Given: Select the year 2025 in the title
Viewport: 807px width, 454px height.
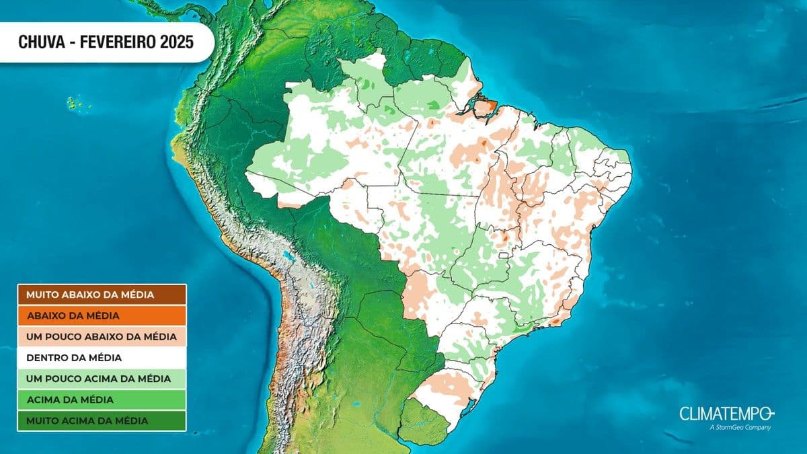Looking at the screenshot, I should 177,42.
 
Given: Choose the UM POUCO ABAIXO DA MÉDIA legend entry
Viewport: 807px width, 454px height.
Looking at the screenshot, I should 102,336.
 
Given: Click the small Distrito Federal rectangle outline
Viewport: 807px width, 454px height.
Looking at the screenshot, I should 503,256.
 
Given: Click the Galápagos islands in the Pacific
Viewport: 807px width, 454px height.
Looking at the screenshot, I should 72,104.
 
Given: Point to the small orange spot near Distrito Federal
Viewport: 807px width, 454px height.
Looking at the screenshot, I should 501,237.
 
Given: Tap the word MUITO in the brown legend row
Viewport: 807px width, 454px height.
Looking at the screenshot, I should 40,295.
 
